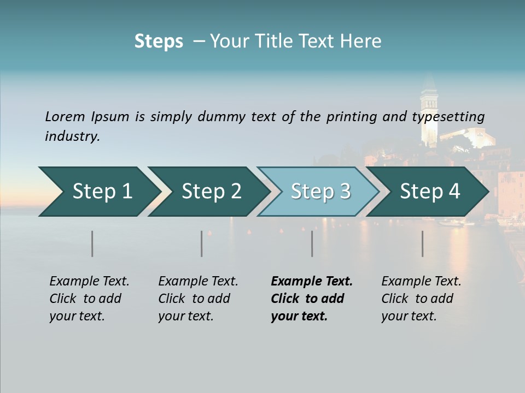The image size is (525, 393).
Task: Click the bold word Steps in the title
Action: [x=159, y=41]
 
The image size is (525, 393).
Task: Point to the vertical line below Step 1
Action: [x=92, y=243]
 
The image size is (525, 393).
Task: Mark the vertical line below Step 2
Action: [x=202, y=243]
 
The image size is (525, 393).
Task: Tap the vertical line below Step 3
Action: [x=312, y=243]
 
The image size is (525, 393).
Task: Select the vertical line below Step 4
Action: [x=423, y=243]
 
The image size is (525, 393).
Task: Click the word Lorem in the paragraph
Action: [x=65, y=117]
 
